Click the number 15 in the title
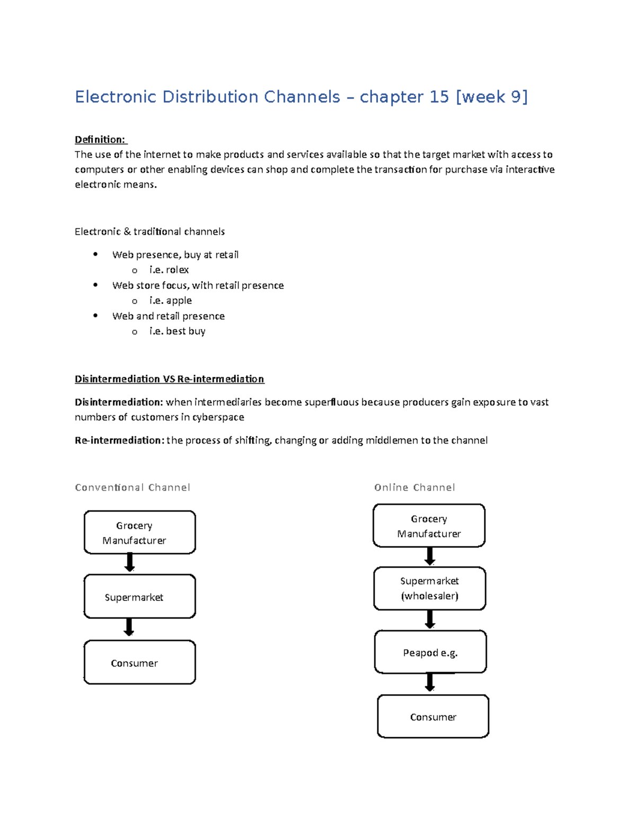coord(439,97)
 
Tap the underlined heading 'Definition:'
coord(100,139)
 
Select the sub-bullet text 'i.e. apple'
coord(170,300)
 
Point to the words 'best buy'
coord(185,331)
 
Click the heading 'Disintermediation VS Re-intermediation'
coord(169,379)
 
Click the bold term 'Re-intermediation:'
coord(119,440)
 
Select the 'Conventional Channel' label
coord(132,488)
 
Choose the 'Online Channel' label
coord(414,488)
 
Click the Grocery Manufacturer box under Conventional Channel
coord(139,533)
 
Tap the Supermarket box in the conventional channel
coord(139,597)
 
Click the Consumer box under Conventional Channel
coord(139,662)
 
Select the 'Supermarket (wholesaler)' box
coord(429,588)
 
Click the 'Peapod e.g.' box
coord(430,652)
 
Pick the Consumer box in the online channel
coord(433,716)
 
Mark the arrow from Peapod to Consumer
coord(430,683)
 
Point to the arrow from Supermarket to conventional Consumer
coord(129,627)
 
